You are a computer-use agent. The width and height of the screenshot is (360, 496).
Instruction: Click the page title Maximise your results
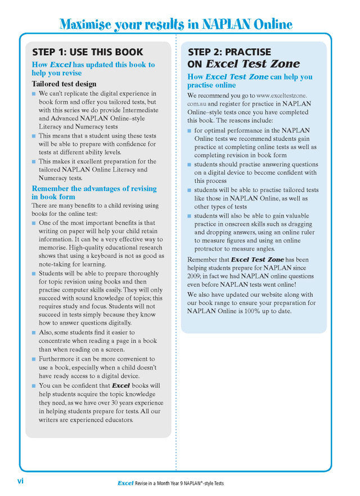[x=175, y=24]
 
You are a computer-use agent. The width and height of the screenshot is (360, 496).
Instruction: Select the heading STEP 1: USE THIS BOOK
[x=87, y=52]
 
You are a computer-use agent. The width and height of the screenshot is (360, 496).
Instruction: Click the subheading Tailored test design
[x=64, y=84]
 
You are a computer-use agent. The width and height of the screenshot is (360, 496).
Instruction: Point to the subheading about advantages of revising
[x=94, y=193]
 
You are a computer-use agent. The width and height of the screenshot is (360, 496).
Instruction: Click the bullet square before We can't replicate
[x=34, y=93]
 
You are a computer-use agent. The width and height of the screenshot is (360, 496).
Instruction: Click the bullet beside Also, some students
[x=34, y=332]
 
